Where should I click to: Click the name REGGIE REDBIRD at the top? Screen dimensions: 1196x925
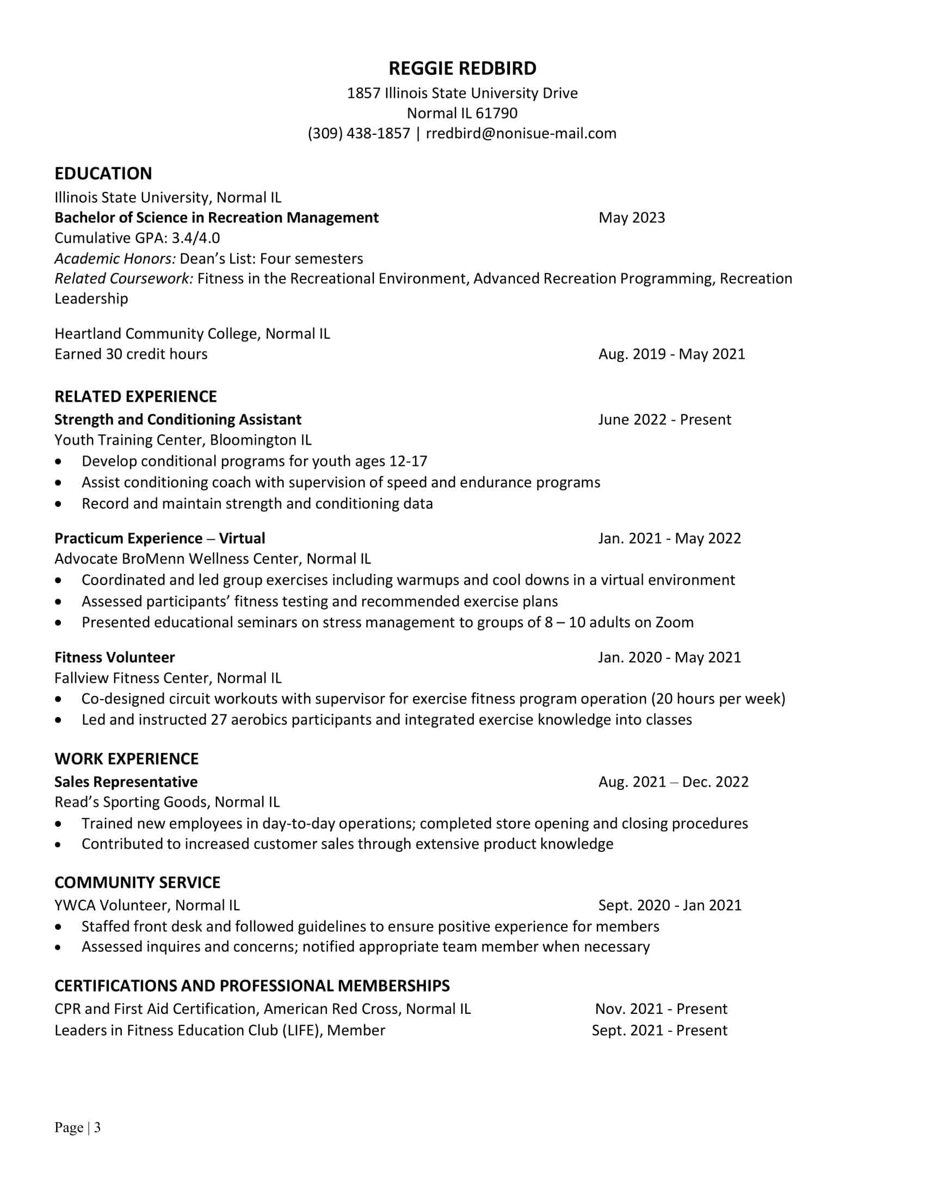pyautogui.click(x=462, y=68)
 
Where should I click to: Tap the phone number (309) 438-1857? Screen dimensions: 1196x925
pyautogui.click(x=359, y=134)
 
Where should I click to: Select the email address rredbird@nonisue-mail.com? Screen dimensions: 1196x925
pyautogui.click(x=521, y=134)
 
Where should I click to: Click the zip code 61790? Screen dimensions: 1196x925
pyautogui.click(x=496, y=114)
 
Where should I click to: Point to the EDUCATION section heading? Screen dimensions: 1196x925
pyautogui.click(x=103, y=173)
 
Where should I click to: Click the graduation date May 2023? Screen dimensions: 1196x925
pyautogui.click(x=631, y=218)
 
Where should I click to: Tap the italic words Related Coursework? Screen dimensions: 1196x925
pyautogui.click(x=124, y=279)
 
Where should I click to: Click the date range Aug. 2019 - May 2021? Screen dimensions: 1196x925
pyautogui.click(x=671, y=354)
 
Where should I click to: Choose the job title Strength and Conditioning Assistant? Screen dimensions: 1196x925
pyautogui.click(x=177, y=420)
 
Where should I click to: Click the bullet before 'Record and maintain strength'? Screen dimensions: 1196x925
pyautogui.click(x=59, y=504)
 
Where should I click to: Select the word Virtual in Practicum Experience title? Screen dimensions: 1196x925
pyautogui.click(x=242, y=539)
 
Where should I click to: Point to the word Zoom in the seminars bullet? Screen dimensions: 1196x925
pyautogui.click(x=674, y=622)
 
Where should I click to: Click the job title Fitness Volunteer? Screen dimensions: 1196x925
pyautogui.click(x=114, y=658)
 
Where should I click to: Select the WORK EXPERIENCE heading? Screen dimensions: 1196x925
pyautogui.click(x=126, y=759)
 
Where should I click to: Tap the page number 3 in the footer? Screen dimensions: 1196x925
pyautogui.click(x=97, y=1128)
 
